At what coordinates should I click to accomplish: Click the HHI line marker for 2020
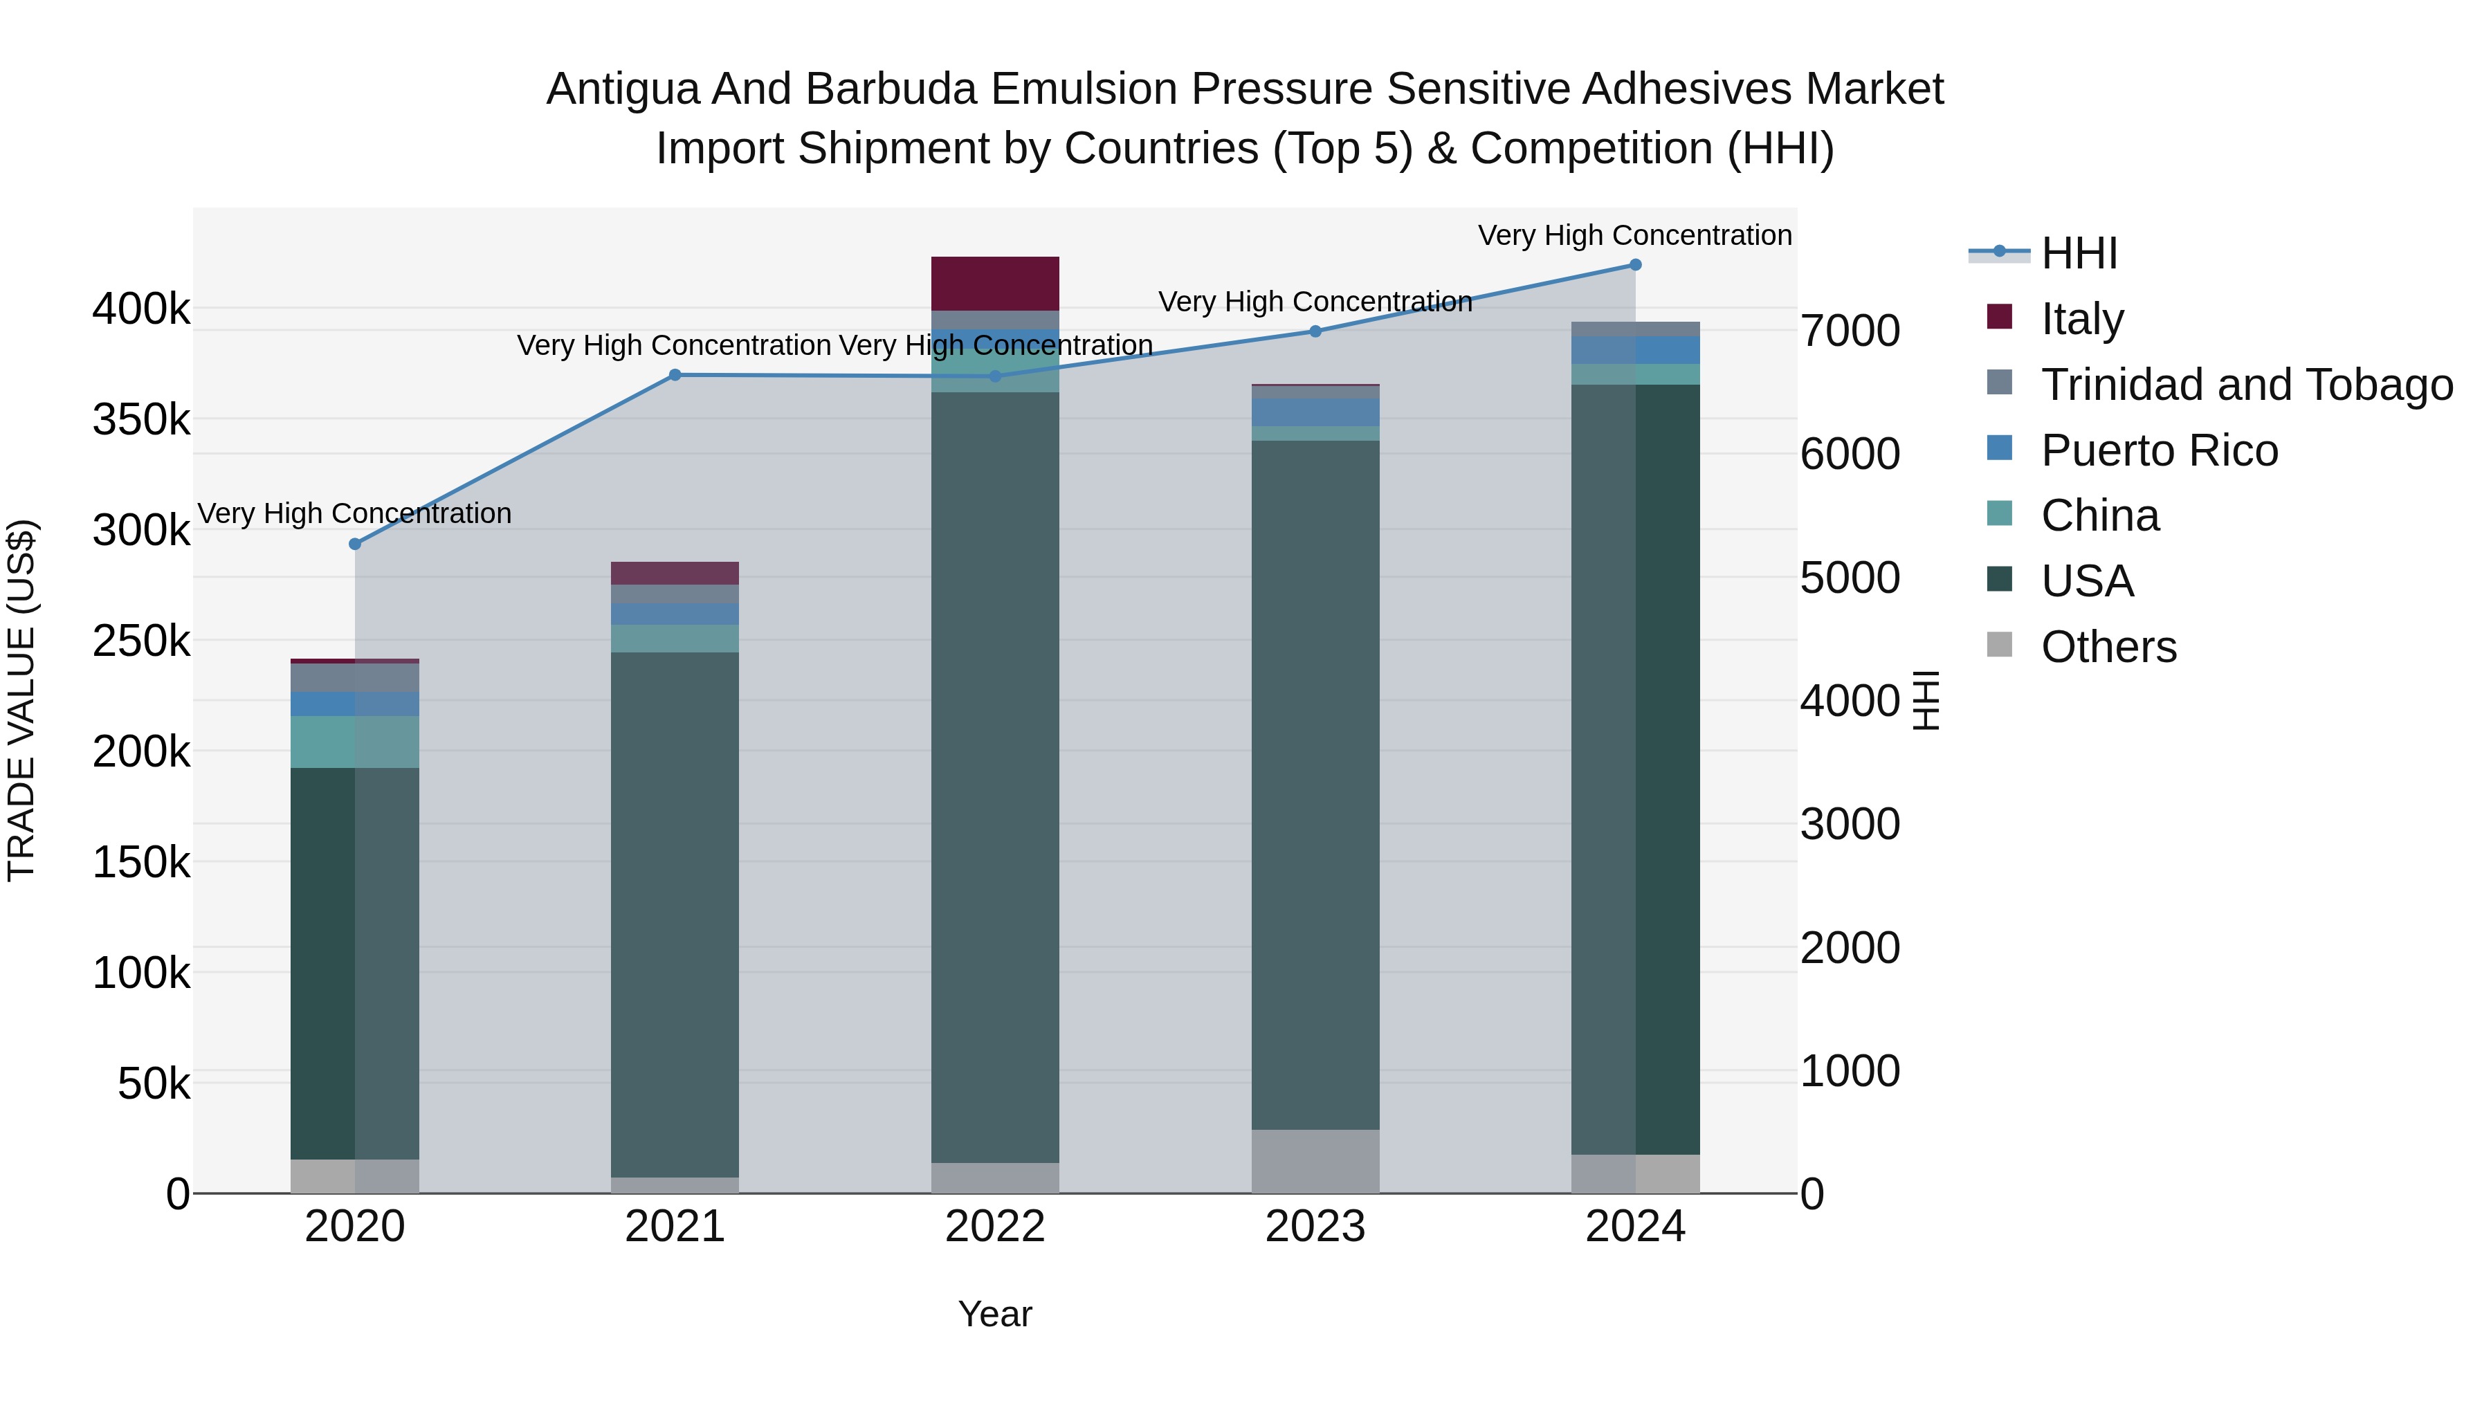[x=355, y=544]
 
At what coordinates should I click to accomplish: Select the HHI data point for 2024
[x=1635, y=265]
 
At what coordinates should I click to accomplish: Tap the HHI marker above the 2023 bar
[x=1315, y=331]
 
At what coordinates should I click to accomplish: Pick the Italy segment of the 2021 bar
[x=675, y=574]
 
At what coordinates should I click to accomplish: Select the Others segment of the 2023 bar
[x=1315, y=1161]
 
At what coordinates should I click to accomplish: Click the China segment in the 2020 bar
[x=355, y=742]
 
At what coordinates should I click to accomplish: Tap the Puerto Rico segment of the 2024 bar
[x=1635, y=350]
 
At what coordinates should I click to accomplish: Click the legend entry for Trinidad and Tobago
[x=2246, y=385]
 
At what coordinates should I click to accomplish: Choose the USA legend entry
[x=2087, y=581]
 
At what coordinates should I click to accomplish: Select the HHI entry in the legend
[x=2079, y=253]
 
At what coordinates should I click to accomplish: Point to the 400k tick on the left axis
[x=141, y=311]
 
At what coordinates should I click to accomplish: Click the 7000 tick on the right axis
[x=1850, y=331]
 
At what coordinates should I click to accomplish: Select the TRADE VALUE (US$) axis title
[x=21, y=700]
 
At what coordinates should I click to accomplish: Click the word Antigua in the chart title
[x=622, y=89]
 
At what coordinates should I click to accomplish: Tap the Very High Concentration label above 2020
[x=355, y=513]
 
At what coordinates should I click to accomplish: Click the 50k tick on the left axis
[x=154, y=1085]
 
